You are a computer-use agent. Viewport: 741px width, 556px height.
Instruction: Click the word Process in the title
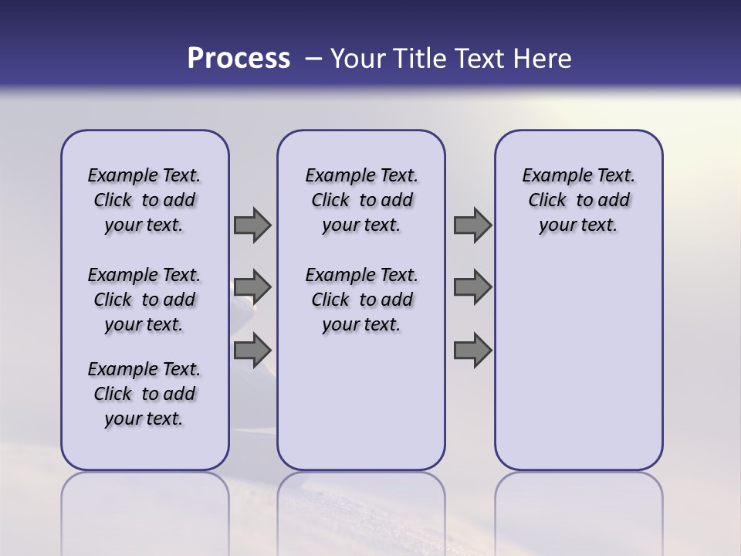(239, 59)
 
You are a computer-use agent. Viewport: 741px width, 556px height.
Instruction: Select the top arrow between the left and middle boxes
(252, 225)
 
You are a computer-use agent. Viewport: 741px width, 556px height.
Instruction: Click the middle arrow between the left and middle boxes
(252, 287)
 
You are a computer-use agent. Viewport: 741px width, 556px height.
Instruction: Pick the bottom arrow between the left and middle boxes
(252, 351)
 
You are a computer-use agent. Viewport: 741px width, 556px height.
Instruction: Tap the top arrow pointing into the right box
(472, 225)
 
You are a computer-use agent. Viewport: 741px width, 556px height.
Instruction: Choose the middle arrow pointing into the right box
(472, 287)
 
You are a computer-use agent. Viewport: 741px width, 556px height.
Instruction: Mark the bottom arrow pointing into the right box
(472, 351)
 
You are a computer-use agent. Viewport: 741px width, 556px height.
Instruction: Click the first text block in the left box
(144, 200)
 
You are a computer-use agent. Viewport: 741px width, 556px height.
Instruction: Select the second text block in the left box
(144, 300)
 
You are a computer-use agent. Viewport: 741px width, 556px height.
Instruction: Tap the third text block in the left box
(144, 394)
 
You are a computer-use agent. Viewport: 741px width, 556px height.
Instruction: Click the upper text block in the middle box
(361, 200)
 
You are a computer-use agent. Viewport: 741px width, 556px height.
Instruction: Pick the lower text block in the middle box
(361, 300)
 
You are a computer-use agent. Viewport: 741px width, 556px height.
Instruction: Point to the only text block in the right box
(578, 200)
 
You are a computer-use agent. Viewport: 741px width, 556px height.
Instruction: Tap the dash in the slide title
(313, 59)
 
